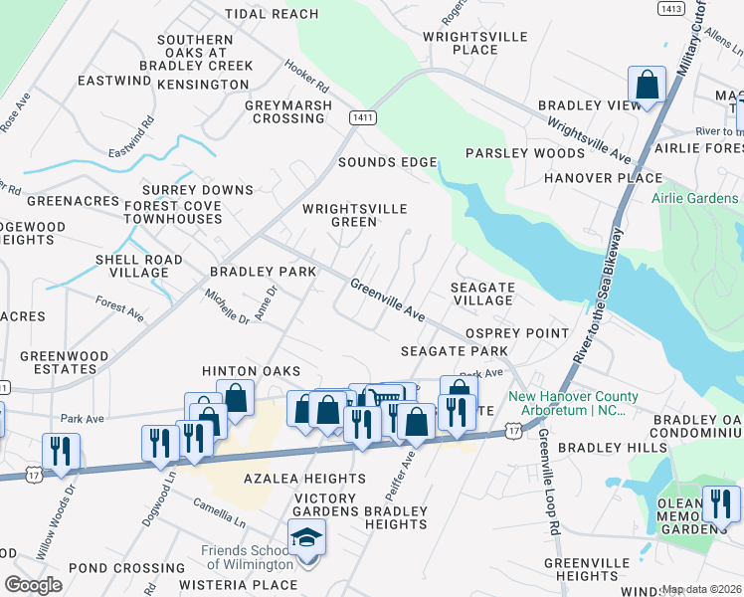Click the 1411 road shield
[x=362, y=117]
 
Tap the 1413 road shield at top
[x=671, y=8]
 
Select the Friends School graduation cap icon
[x=307, y=539]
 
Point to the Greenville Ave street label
[x=387, y=299]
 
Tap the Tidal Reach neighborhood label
[x=272, y=14]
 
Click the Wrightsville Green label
[x=355, y=216]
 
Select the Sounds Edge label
[x=387, y=162]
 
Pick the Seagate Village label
[x=482, y=294]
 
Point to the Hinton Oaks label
[x=251, y=370]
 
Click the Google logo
[x=33, y=585]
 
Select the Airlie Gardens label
[x=697, y=198]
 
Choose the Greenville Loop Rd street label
[x=548, y=483]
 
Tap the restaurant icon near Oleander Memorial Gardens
[x=720, y=503]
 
